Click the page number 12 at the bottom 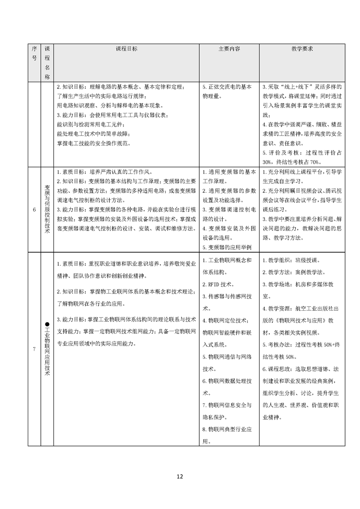[x=180, y=476]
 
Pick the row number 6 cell [x=35, y=210]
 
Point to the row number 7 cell [x=35, y=349]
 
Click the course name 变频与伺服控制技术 [x=47, y=210]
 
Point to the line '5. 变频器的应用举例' [x=227, y=247]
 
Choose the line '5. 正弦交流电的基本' [x=227, y=87]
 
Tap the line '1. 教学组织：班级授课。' [x=291, y=261]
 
